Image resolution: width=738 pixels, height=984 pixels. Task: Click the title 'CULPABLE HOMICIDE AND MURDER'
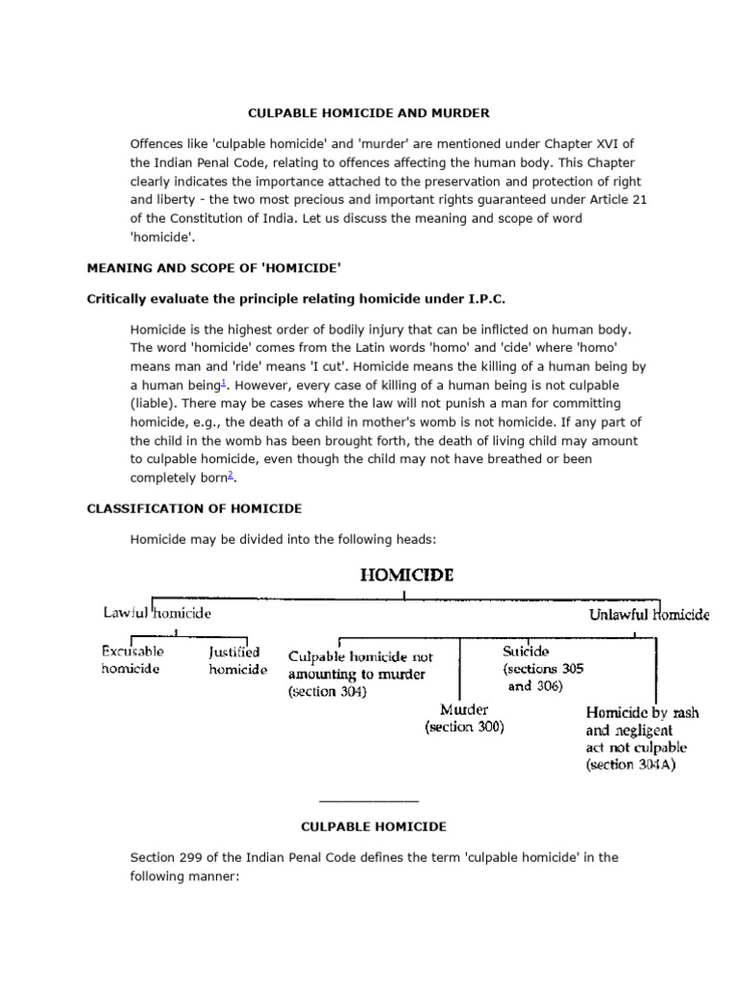click(x=368, y=113)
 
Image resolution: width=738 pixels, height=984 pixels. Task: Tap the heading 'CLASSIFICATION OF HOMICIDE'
click(x=195, y=508)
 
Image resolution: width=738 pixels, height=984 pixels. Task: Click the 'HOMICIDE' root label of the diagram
click(x=406, y=576)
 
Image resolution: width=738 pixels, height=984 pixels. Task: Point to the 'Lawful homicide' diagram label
click(x=158, y=612)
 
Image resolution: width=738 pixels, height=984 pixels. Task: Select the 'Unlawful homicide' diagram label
click(x=649, y=614)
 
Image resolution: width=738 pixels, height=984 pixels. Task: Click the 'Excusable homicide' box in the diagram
click(x=133, y=660)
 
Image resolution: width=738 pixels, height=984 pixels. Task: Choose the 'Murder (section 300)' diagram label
click(x=464, y=719)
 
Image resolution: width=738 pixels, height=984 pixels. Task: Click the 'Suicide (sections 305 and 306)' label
click(x=542, y=668)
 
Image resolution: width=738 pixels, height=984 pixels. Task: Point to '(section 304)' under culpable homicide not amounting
click(x=327, y=692)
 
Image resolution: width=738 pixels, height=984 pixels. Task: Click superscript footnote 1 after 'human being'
click(x=223, y=381)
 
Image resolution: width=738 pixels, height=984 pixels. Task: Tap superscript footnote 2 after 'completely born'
click(x=232, y=475)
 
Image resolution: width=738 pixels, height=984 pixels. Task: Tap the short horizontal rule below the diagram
click(x=368, y=800)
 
